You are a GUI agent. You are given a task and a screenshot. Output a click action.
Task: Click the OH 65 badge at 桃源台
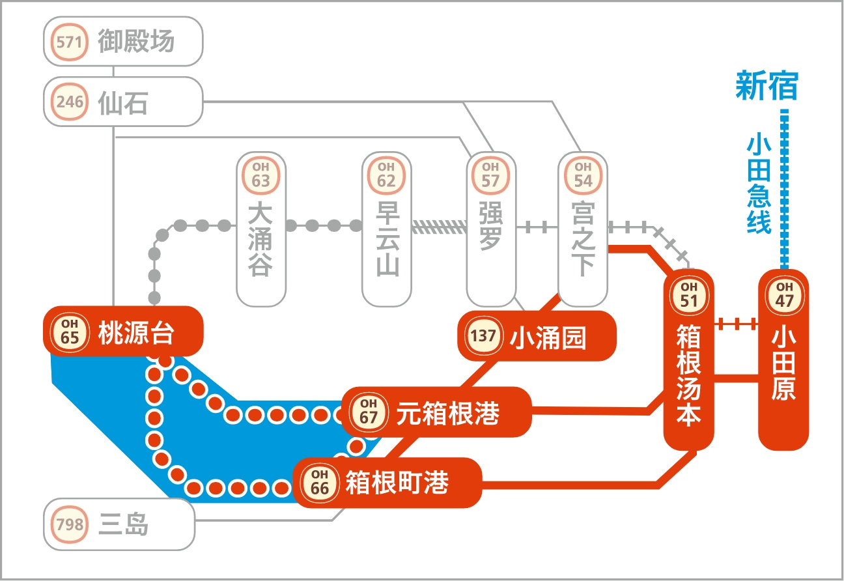coord(70,332)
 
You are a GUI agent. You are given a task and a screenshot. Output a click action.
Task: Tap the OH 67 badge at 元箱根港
coord(369,412)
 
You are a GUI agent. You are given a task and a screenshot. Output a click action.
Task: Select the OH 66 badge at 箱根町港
coord(319,483)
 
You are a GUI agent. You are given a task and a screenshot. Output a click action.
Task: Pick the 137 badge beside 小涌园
coord(483,337)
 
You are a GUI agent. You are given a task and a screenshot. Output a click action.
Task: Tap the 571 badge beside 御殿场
coord(70,42)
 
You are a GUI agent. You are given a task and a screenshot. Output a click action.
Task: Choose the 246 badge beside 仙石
coord(70,102)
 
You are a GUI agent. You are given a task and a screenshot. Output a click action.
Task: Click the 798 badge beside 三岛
coord(70,524)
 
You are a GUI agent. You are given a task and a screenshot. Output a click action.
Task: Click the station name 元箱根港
coord(447,413)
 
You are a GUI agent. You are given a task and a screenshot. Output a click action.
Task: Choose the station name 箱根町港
coord(397,483)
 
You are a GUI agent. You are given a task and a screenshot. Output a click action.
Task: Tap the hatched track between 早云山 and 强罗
coord(440,227)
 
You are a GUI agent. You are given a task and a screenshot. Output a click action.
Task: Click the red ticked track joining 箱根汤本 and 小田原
coord(737,323)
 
